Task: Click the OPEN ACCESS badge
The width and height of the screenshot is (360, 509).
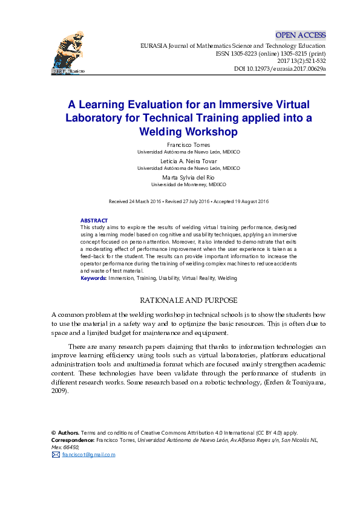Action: pyautogui.click(x=300, y=35)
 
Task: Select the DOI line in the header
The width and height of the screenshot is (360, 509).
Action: pyautogui.click(x=280, y=69)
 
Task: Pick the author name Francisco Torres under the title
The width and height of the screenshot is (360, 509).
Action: pyautogui.click(x=188, y=145)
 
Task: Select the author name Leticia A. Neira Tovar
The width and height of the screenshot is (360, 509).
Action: pyautogui.click(x=188, y=161)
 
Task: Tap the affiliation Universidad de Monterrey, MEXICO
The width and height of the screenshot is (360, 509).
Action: pyautogui.click(x=188, y=184)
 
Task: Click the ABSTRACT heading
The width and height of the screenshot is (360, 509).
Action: pyautogui.click(x=94, y=221)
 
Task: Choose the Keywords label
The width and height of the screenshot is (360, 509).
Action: pyautogui.click(x=94, y=278)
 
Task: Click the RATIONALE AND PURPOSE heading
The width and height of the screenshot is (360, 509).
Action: pyautogui.click(x=188, y=300)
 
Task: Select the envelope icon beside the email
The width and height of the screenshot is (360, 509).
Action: pyautogui.click(x=56, y=455)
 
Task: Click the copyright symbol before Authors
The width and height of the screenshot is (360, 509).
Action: pyautogui.click(x=54, y=433)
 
